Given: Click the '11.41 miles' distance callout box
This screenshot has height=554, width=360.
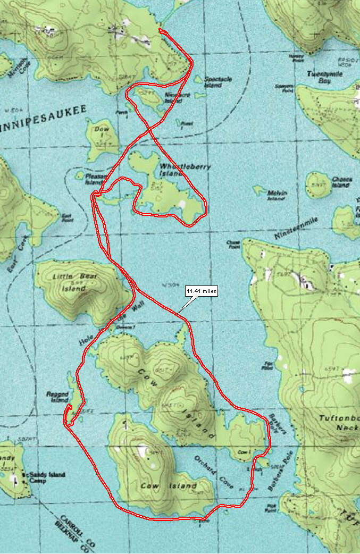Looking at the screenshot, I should click(200, 291).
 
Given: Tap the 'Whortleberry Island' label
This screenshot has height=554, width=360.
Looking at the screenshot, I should click(185, 170).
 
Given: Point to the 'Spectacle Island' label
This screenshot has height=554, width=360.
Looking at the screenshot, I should click(217, 82).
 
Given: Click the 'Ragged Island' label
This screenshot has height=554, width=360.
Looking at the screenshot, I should click(58, 397).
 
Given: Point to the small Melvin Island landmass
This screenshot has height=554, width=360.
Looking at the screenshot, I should click(260, 190).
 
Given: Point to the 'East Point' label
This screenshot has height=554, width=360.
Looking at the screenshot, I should click(67, 216).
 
